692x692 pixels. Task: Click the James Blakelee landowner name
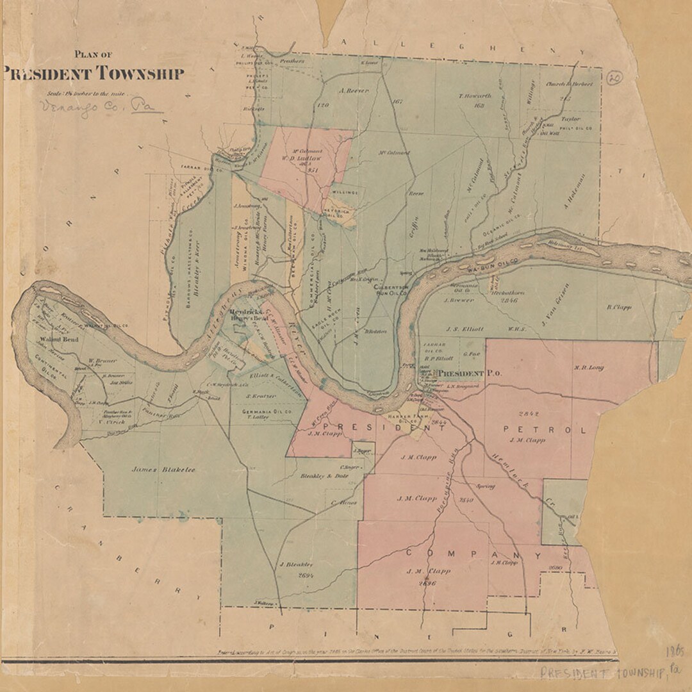[163, 470]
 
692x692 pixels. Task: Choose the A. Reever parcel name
[354, 91]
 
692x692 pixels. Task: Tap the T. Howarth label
[475, 96]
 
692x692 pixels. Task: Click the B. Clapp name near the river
[619, 307]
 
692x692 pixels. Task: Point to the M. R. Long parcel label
[589, 368]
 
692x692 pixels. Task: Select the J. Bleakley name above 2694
[295, 564]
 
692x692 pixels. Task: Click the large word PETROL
[545, 429]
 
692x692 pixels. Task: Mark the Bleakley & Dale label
[325, 476]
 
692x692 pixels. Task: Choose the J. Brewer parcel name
[459, 300]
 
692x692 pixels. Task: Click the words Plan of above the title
[94, 54]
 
